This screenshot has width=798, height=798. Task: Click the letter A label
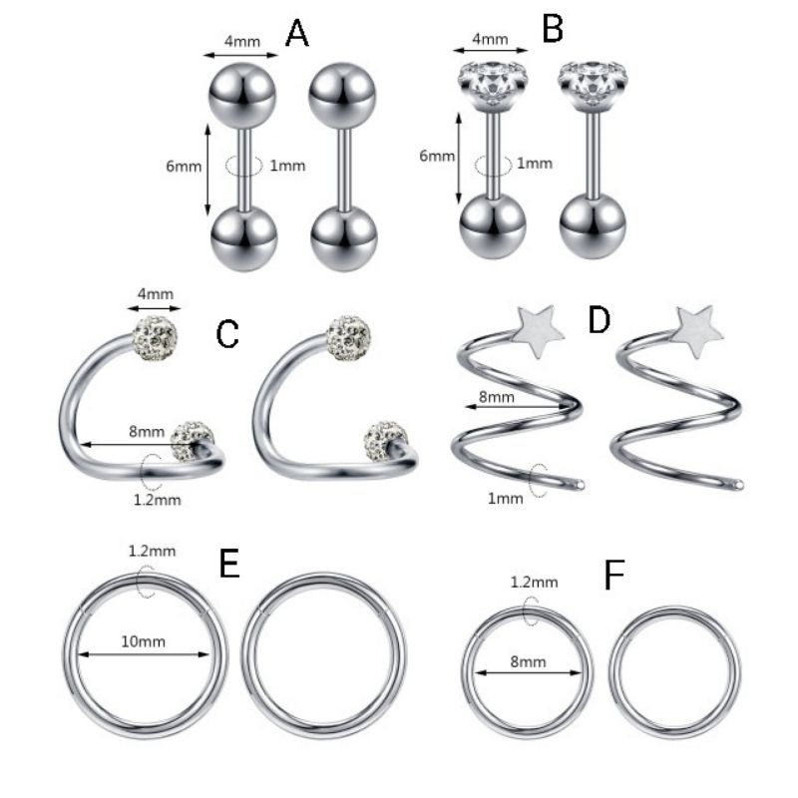tap(297, 35)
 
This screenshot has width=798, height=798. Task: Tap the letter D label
tap(598, 322)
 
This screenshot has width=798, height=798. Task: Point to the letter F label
tap(615, 576)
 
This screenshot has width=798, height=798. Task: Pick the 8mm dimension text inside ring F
tap(528, 661)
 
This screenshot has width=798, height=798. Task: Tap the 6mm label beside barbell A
tap(183, 166)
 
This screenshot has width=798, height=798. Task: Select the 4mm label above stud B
tap(490, 40)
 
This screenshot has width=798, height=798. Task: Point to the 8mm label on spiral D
tap(497, 396)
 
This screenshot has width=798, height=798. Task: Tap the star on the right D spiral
tap(696, 332)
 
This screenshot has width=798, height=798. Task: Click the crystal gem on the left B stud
tap(490, 84)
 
